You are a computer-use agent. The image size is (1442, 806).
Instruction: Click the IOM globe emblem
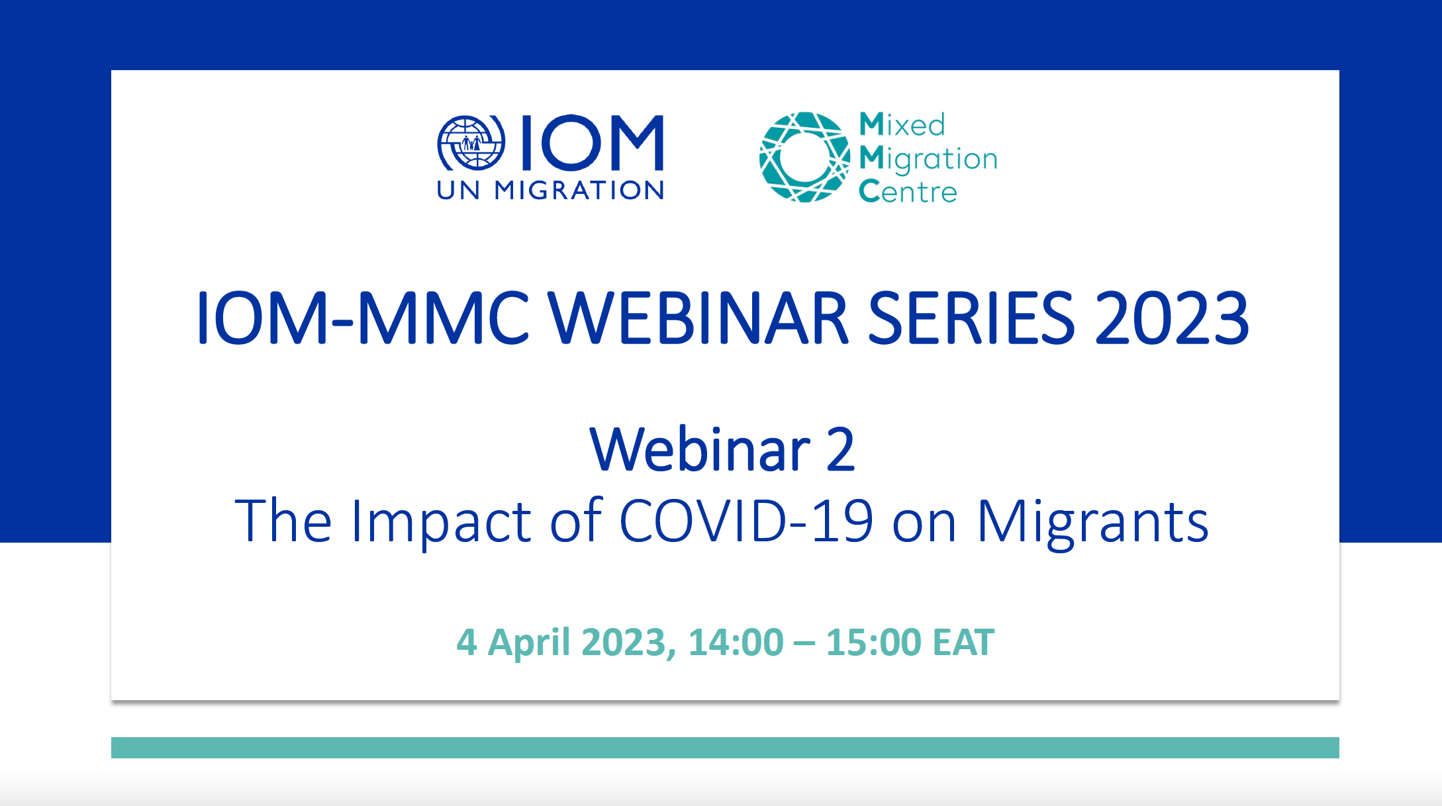pos(471,143)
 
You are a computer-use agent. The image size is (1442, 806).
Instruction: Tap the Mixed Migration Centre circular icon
pos(804,157)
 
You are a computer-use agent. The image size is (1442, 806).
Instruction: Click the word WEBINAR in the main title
pos(698,318)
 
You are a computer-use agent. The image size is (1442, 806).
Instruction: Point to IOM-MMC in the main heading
pos(363,318)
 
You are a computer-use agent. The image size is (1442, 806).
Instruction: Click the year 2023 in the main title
pos(1172,318)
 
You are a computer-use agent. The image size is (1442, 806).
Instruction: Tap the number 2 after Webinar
pos(840,450)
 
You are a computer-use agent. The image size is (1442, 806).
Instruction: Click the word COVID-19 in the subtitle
pos(746,521)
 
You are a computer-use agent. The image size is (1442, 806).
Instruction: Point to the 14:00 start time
pos(736,643)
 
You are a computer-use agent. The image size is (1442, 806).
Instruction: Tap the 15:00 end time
pos(873,643)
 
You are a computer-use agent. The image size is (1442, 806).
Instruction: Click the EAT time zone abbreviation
pos(963,643)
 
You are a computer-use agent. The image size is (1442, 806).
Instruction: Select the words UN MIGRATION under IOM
pos(550,191)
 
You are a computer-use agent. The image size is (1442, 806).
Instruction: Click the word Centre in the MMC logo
pos(908,191)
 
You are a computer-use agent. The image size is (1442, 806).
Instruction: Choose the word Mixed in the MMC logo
pos(902,124)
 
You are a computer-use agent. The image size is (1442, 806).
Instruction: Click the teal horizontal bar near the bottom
pos(725,748)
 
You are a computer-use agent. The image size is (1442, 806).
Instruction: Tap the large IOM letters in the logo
pos(593,142)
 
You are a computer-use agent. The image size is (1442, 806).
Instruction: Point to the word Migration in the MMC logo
pos(928,159)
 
